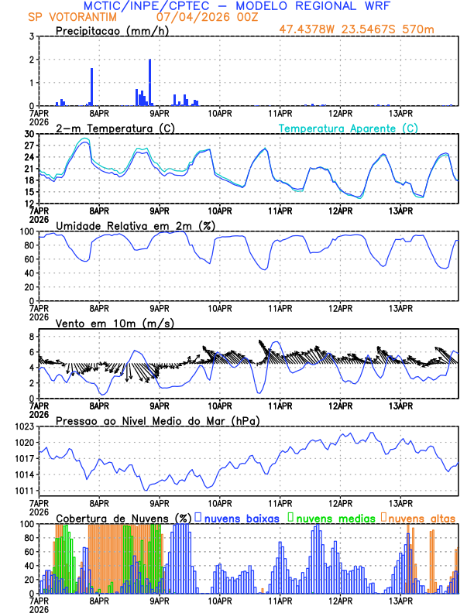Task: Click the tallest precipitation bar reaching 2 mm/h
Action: coord(149,82)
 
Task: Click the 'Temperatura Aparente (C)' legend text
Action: coord(348,128)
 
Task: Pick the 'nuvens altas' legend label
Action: coord(421,517)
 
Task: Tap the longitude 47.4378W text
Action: coord(309,31)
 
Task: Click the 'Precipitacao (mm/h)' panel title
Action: coord(112,31)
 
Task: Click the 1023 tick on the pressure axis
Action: coord(22,426)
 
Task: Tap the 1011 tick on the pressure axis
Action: coord(22,491)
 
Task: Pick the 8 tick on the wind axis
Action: coord(32,337)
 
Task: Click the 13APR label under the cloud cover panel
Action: coord(400,601)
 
